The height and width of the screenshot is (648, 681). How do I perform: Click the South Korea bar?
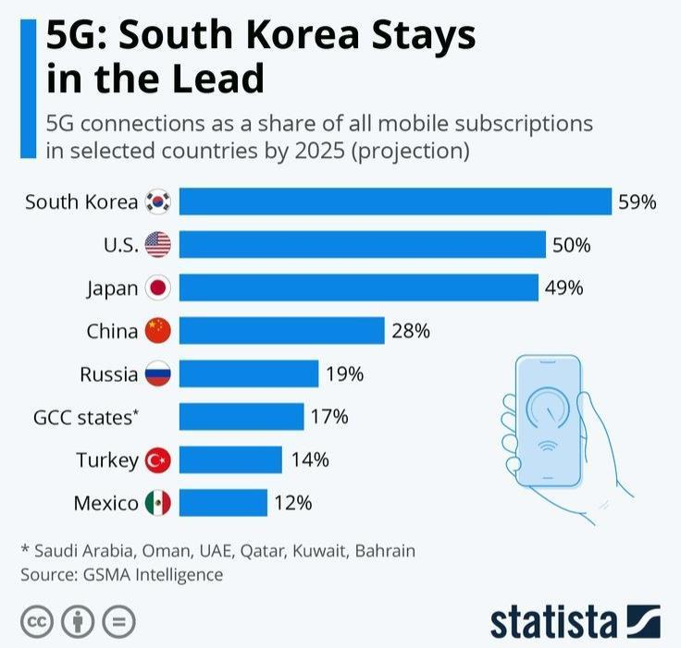(395, 202)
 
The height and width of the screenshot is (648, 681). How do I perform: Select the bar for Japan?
(358, 287)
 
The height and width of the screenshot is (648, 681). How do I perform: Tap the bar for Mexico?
(223, 503)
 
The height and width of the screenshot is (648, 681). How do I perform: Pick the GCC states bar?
(241, 417)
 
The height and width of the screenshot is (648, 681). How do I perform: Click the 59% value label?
(638, 202)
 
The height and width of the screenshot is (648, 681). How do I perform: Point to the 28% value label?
(411, 331)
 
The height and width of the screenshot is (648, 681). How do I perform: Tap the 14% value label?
(309, 459)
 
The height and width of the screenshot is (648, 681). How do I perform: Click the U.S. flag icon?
(158, 245)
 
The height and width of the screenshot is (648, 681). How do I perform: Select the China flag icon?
(158, 331)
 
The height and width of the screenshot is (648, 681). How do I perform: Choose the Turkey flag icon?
(158, 459)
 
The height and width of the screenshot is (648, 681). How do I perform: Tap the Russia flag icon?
(158, 374)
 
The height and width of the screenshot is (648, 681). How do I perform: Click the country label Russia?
(109, 374)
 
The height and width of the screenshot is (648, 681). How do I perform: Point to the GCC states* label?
(86, 417)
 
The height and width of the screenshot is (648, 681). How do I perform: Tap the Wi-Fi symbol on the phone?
(548, 447)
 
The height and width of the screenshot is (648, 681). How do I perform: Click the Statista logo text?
(552, 622)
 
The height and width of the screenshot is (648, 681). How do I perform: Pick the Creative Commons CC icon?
(36, 622)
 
